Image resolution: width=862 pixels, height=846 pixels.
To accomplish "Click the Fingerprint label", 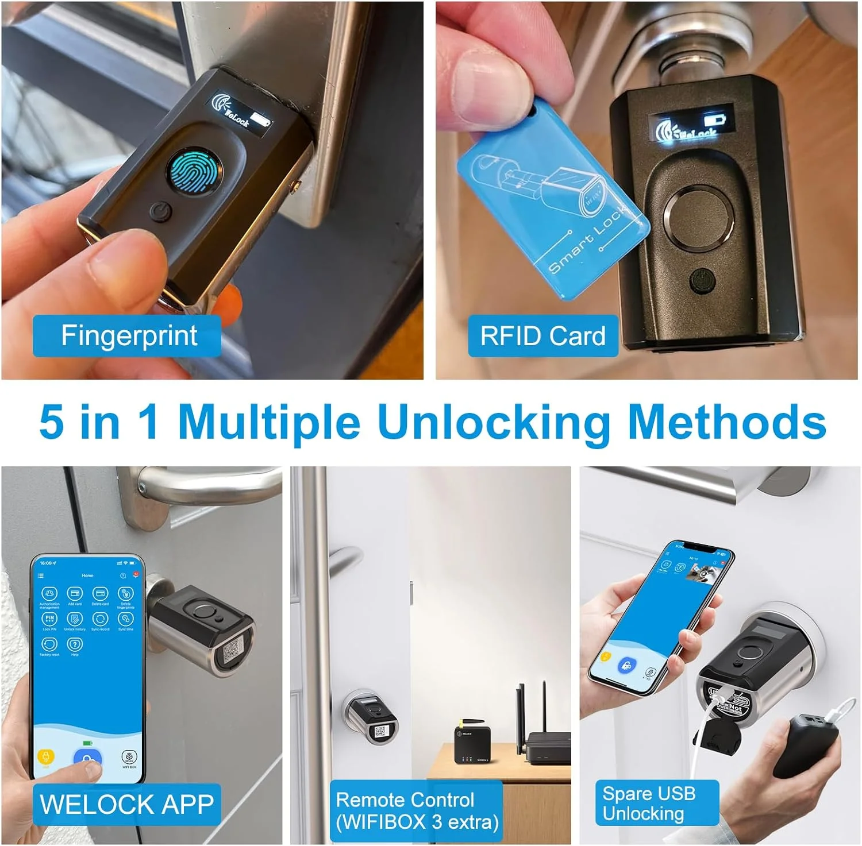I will pyautogui.click(x=128, y=336).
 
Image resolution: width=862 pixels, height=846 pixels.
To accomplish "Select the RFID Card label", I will pyautogui.click(x=542, y=336).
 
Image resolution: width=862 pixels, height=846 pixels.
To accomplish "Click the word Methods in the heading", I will pyautogui.click(x=727, y=422).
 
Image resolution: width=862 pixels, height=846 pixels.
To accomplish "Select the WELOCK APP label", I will pyautogui.click(x=126, y=804).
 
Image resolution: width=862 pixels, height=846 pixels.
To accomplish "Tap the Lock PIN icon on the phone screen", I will pyautogui.click(x=49, y=619).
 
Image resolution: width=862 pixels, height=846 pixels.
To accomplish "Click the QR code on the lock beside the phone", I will pyautogui.click(x=233, y=651).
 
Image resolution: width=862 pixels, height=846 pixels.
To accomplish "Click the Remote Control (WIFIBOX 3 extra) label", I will pyautogui.click(x=417, y=811).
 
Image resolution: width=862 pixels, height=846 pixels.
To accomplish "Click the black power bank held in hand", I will pyautogui.click(x=805, y=747).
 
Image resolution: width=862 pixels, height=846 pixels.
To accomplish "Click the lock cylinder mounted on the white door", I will pyautogui.click(x=371, y=718).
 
